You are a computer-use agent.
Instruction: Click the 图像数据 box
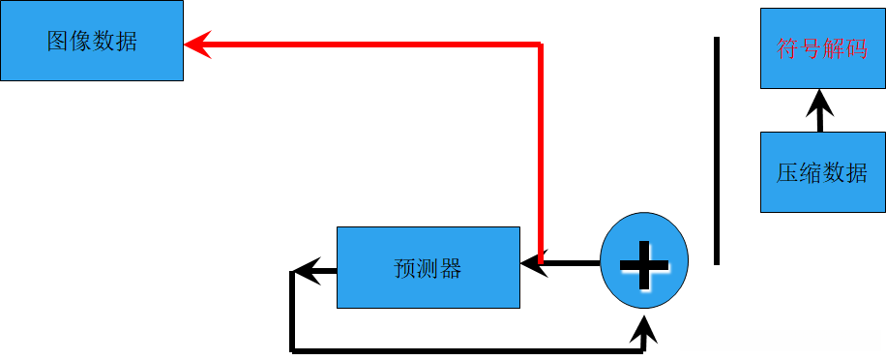click(91, 42)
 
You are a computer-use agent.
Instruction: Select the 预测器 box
click(428, 267)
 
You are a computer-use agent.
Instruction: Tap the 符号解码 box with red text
click(822, 48)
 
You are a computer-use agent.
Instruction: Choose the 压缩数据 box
click(822, 172)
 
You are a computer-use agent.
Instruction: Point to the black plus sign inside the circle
click(644, 263)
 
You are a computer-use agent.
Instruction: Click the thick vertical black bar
click(717, 150)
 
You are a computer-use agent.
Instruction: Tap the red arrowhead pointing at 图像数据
click(196, 44)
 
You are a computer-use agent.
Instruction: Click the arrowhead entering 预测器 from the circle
click(531, 263)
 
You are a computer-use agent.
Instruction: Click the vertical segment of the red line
click(541, 145)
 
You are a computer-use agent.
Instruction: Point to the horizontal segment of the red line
click(368, 44)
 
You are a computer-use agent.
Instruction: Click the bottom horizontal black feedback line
click(464, 348)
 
